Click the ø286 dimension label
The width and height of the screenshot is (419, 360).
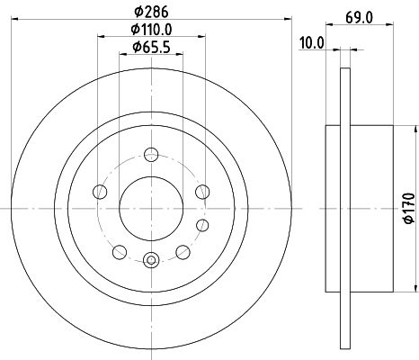click(149, 13)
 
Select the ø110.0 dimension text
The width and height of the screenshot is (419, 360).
click(149, 31)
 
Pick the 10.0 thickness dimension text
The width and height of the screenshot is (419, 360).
click(311, 42)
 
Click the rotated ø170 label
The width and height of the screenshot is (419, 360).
click(410, 207)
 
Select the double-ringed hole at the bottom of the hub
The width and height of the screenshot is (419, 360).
click(149, 260)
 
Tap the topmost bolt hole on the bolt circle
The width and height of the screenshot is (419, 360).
click(149, 153)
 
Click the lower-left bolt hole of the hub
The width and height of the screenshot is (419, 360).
click(118, 250)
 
